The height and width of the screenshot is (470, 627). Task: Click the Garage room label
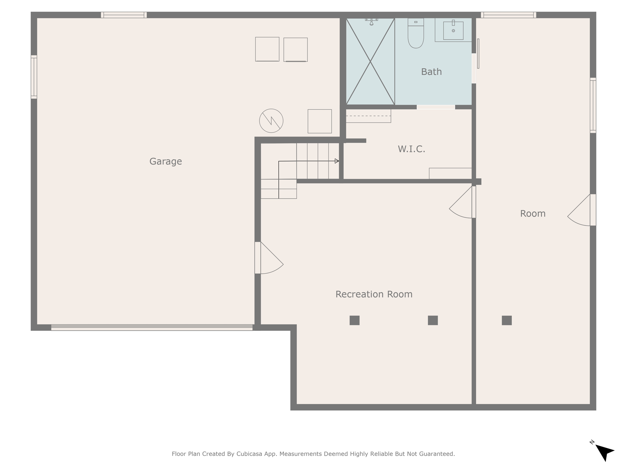tap(166, 161)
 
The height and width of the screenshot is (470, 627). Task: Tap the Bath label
tap(431, 72)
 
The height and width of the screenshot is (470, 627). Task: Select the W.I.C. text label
tap(411, 149)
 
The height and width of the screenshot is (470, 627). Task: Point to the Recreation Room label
tap(374, 294)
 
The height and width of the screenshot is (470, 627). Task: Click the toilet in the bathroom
tap(416, 33)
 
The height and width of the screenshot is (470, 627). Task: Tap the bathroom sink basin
tap(453, 31)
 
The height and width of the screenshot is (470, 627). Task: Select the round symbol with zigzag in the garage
tap(271, 121)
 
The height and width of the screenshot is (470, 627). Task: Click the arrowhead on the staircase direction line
tap(337, 161)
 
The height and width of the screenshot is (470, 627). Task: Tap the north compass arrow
tap(604, 452)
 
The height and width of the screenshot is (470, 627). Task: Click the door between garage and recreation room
tap(269, 258)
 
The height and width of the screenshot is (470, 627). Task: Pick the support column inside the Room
tap(507, 320)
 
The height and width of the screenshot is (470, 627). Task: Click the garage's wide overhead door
tap(152, 327)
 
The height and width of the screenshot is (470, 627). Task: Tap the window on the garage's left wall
tap(34, 77)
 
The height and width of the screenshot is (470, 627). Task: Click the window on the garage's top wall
tap(124, 15)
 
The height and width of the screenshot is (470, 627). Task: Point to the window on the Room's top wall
tap(509, 15)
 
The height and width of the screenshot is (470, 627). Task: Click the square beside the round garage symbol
tap(320, 121)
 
